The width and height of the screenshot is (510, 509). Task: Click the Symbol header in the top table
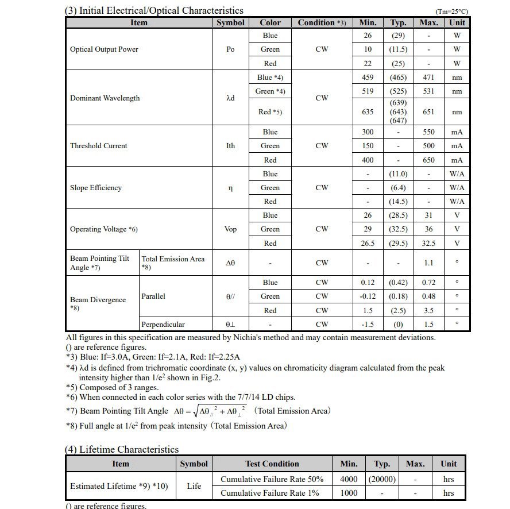pyautogui.click(x=230, y=22)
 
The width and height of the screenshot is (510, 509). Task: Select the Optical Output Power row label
pyautogui.click(x=104, y=49)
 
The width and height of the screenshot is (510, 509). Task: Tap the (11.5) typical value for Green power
pyautogui.click(x=398, y=49)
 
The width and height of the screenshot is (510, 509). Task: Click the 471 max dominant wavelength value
pyautogui.click(x=428, y=78)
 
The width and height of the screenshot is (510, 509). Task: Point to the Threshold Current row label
pyautogui.click(x=98, y=146)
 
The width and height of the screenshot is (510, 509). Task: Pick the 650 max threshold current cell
pyautogui.click(x=428, y=160)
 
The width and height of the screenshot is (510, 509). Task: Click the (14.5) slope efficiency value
pyautogui.click(x=398, y=202)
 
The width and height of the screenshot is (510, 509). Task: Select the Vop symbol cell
pyautogui.click(x=230, y=229)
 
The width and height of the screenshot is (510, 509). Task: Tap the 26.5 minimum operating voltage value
pyautogui.click(x=368, y=244)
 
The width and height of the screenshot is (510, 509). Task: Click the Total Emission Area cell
pyautogui.click(x=173, y=263)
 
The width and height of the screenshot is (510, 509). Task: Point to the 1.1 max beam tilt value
pyautogui.click(x=428, y=263)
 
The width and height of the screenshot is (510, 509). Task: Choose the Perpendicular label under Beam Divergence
pyautogui.click(x=163, y=325)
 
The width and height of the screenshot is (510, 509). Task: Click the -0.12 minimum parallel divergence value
pyautogui.click(x=368, y=296)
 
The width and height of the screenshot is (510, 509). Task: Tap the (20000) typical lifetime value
pyautogui.click(x=382, y=479)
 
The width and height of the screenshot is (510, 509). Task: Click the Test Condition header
pyautogui.click(x=272, y=464)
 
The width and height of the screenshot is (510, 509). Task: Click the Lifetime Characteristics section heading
pyautogui.click(x=122, y=450)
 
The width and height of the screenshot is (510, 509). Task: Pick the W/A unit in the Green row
pyautogui.click(x=457, y=188)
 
